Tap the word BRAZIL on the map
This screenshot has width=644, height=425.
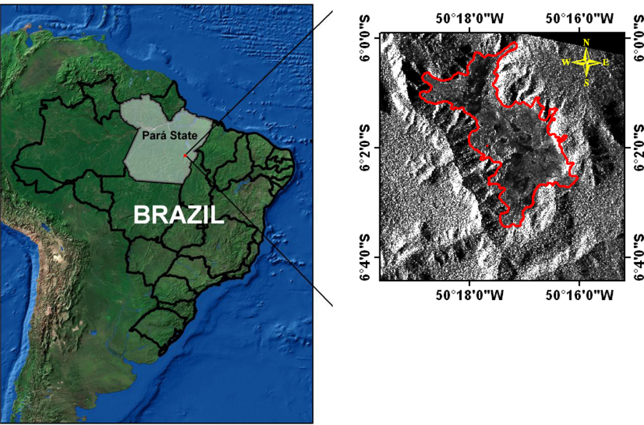coord(178,214)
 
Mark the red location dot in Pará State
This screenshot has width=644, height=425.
coord(184,155)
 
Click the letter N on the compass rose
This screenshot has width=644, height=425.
coord(586,42)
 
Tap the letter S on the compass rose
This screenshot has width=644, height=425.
coord(586,82)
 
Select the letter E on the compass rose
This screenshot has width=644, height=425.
coord(606,62)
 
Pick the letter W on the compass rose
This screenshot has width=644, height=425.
coord(565,62)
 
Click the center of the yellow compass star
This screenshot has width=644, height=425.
coord(586,62)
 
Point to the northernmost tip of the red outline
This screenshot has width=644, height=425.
coord(514,44)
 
